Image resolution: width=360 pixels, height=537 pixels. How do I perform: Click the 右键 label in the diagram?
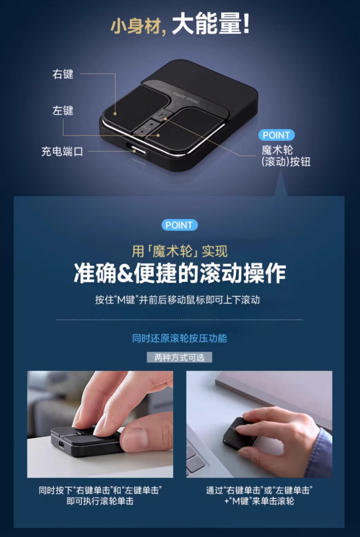[x=63, y=74]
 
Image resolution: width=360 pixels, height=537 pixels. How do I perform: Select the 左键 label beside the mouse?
[x=63, y=110]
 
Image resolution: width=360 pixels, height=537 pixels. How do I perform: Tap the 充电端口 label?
[x=62, y=152]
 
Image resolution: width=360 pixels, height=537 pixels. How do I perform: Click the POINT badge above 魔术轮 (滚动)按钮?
[x=276, y=135]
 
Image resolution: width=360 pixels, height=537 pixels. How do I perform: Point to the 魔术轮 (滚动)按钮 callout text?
[x=286, y=156]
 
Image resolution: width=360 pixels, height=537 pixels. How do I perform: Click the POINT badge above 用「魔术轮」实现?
[x=179, y=225]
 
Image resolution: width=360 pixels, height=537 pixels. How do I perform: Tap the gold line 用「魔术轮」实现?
[x=179, y=251]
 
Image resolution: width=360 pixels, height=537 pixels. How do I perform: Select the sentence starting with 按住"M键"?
[x=179, y=300]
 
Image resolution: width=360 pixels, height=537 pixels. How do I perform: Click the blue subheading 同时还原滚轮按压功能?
[x=179, y=338]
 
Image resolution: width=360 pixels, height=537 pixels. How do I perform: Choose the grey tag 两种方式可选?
[x=179, y=357]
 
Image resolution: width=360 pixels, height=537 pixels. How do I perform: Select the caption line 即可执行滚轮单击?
[x=100, y=501]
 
